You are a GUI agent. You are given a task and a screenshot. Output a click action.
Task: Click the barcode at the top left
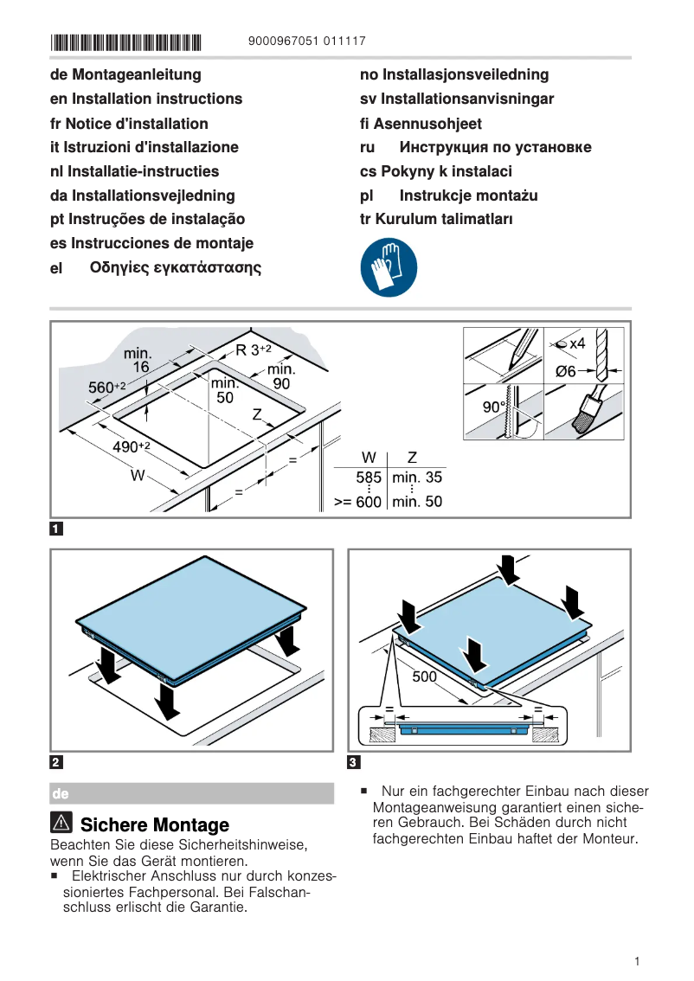pyautogui.click(x=125, y=42)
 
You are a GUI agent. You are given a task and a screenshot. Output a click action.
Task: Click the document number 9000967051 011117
pyautogui.click(x=306, y=42)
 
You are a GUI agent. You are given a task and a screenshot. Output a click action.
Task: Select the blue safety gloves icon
pyautogui.click(x=389, y=268)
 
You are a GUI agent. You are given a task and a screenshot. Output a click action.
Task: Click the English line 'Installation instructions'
pyautogui.click(x=146, y=99)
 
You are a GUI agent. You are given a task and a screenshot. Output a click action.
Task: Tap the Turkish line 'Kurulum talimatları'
pyautogui.click(x=436, y=219)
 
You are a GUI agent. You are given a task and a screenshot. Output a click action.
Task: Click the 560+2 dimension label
pyautogui.click(x=107, y=388)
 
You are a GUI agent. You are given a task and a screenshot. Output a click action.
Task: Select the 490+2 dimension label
pyautogui.click(x=132, y=446)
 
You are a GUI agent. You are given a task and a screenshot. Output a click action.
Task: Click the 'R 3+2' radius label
pyautogui.click(x=254, y=350)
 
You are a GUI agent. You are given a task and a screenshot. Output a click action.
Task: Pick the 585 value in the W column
pyautogui.click(x=369, y=477)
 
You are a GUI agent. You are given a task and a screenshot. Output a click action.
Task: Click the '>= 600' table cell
pyautogui.click(x=357, y=502)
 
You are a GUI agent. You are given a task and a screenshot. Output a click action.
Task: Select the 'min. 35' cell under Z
pyautogui.click(x=417, y=477)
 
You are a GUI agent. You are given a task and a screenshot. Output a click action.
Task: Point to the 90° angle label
pyautogui.click(x=493, y=407)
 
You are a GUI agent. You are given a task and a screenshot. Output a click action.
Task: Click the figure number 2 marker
pyautogui.click(x=56, y=762)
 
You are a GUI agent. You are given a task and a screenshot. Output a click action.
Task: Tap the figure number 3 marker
pyautogui.click(x=353, y=762)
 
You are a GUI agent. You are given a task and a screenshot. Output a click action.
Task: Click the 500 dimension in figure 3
pyautogui.click(x=424, y=676)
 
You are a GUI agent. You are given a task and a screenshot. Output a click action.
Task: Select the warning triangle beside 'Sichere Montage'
pyautogui.click(x=62, y=824)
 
